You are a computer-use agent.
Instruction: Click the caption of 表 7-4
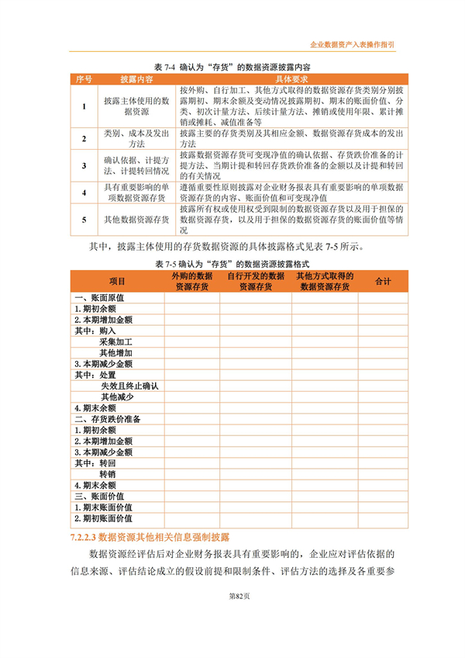click(232, 68)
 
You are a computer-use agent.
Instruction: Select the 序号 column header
click(83, 79)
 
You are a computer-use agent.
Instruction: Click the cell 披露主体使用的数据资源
click(136, 106)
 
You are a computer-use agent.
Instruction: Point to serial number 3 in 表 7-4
click(83, 164)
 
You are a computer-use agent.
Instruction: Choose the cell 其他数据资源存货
click(136, 220)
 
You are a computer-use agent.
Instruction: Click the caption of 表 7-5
click(232, 265)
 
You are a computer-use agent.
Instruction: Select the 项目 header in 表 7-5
click(117, 280)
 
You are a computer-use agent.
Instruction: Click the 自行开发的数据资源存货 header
click(255, 281)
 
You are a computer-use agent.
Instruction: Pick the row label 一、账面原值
click(98, 298)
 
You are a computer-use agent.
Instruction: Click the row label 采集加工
click(116, 341)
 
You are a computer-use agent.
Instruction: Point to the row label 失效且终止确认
click(129, 386)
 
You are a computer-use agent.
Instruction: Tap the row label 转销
click(107, 473)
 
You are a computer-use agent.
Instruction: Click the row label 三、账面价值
click(98, 496)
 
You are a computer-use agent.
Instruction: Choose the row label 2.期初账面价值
click(103, 518)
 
